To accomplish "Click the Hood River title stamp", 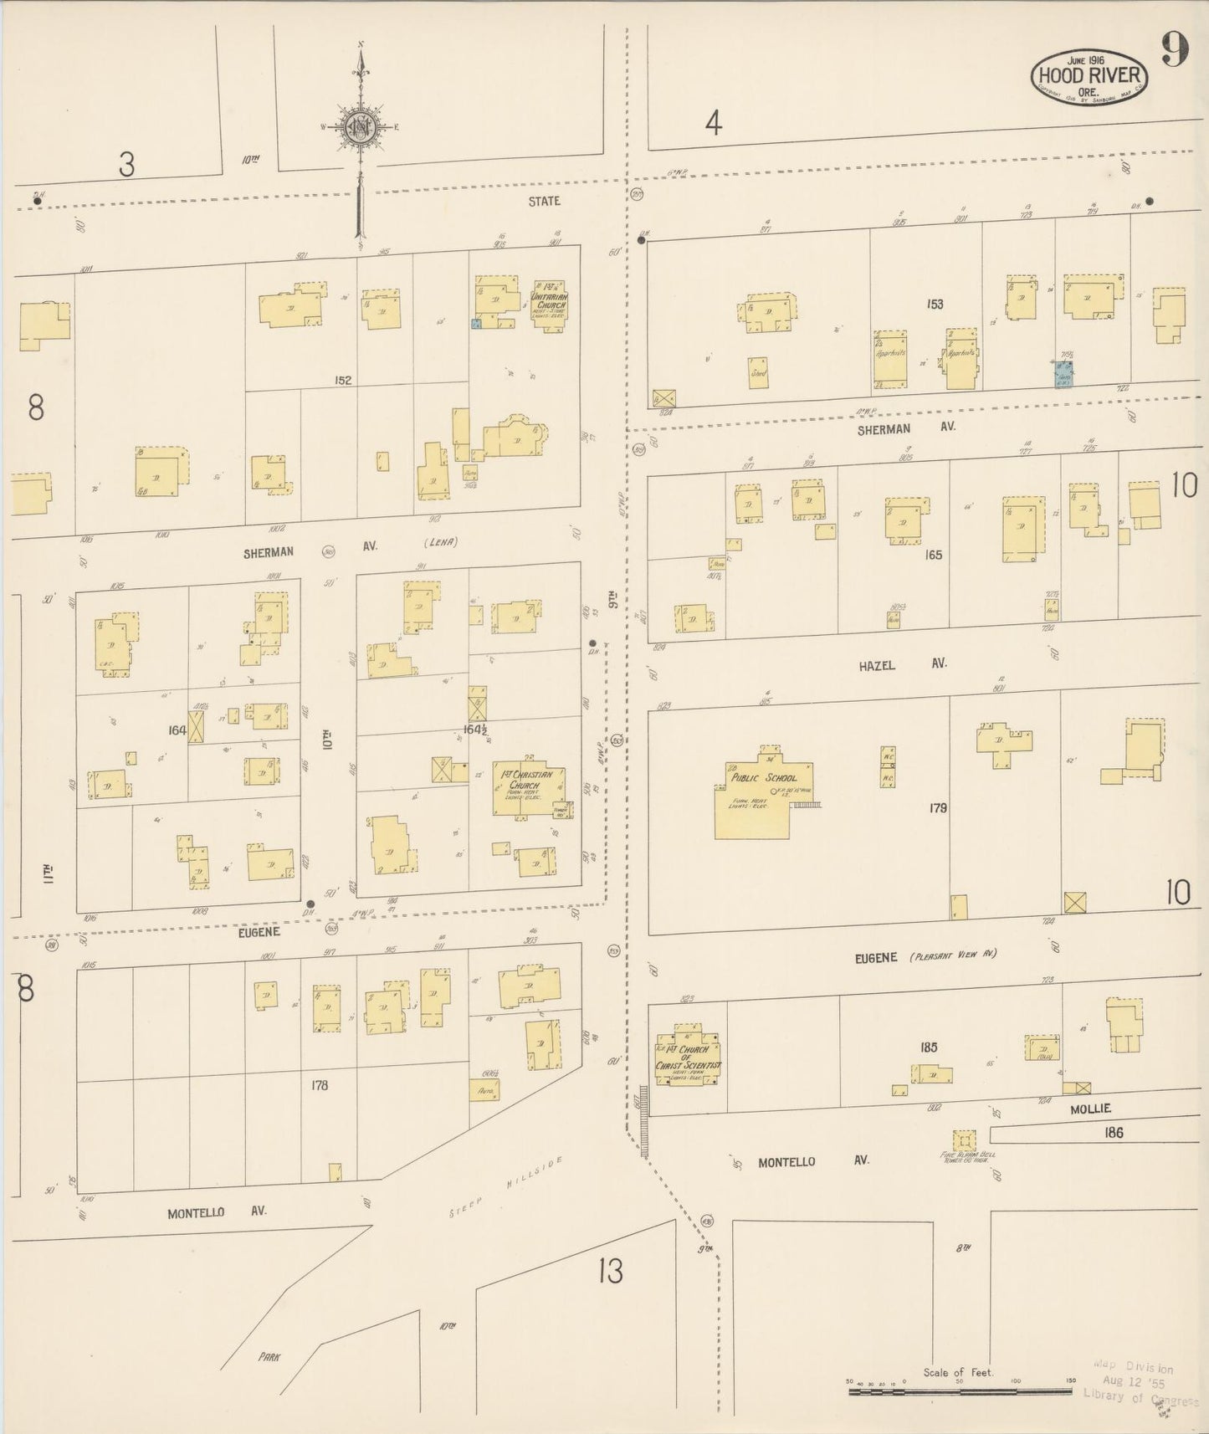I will click(x=1089, y=77).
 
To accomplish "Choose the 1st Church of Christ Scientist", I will click(x=688, y=1056).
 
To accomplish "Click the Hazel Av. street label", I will click(x=901, y=664).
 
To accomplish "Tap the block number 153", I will click(x=935, y=305).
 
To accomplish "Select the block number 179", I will click(x=937, y=808).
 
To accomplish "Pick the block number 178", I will click(x=319, y=1085).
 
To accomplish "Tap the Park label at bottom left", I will click(x=269, y=1357).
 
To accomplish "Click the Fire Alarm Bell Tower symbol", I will click(x=964, y=1141).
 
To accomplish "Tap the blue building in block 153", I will click(x=1063, y=373).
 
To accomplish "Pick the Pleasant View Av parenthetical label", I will click(x=954, y=955).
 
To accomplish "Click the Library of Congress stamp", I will click(x=1140, y=1382).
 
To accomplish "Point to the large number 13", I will click(x=611, y=1272).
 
